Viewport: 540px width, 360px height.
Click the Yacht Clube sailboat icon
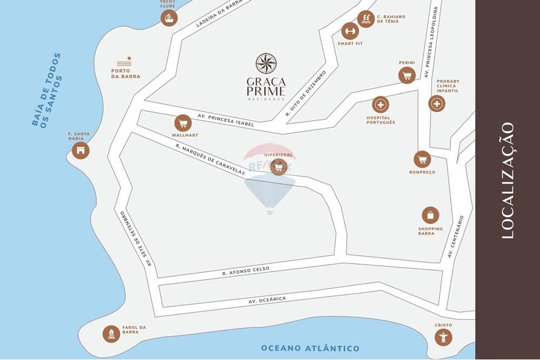pyautogui.click(x=169, y=18)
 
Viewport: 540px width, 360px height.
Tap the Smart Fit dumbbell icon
pyautogui.click(x=350, y=31)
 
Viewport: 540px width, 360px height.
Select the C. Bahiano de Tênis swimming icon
pyautogui.click(x=366, y=19)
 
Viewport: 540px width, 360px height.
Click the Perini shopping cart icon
pyautogui.click(x=407, y=75)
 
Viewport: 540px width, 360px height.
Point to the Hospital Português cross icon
pyautogui.click(x=381, y=105)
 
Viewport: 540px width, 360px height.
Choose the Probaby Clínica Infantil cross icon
pyautogui.click(x=437, y=104)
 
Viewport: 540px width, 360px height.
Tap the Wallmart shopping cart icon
pyautogui.click(x=183, y=123)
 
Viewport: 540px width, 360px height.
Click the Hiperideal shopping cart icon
pyautogui.click(x=279, y=167)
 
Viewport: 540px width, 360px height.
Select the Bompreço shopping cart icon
pyautogui.click(x=422, y=159)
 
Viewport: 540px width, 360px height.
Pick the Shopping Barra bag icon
pyautogui.click(x=430, y=215)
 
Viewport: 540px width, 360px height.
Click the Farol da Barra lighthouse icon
pyautogui.click(x=111, y=334)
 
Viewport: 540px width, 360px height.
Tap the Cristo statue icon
pyautogui.click(x=443, y=337)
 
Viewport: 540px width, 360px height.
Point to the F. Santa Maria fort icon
pyautogui.click(x=80, y=151)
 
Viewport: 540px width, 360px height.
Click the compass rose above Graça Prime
pyautogui.click(x=266, y=64)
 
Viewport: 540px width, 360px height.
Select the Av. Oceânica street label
pyautogui.click(x=267, y=300)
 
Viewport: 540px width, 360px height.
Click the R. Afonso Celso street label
pyautogui.click(x=245, y=270)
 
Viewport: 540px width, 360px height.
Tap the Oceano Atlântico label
pyautogui.click(x=310, y=348)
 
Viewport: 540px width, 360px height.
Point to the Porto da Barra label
pyautogui.click(x=126, y=73)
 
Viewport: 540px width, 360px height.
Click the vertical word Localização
pyautogui.click(x=507, y=180)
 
